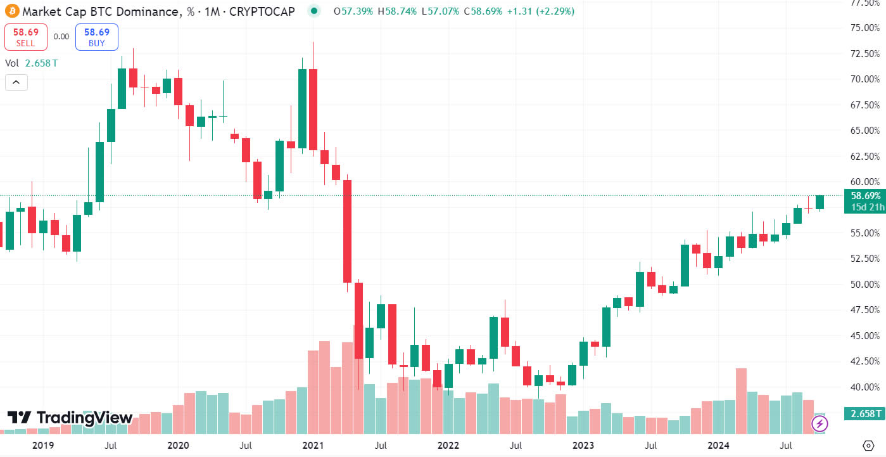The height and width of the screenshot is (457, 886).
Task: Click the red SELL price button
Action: click(25, 37)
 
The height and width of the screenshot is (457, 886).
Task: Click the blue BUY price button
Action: click(96, 37)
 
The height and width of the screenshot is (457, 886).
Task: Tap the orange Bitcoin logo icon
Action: click(11, 11)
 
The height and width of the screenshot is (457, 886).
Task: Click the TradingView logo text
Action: click(70, 418)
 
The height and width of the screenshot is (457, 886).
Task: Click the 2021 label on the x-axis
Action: click(314, 445)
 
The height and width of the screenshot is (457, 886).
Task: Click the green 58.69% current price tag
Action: click(865, 196)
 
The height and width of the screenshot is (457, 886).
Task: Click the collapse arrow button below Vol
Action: click(16, 82)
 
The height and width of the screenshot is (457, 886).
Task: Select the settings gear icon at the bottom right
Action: click(868, 444)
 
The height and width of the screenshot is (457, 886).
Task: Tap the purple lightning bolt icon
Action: click(820, 423)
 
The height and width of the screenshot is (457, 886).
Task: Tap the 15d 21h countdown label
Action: click(865, 207)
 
